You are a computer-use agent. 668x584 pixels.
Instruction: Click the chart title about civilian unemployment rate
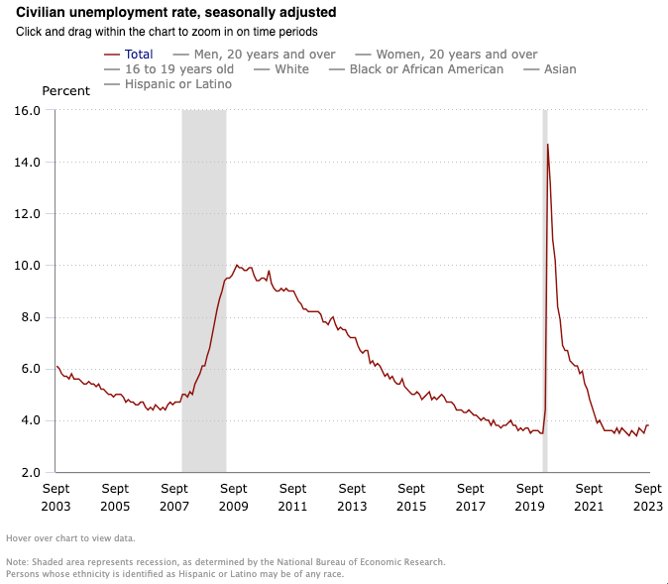(x=176, y=12)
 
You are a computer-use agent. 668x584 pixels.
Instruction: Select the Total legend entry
(x=128, y=55)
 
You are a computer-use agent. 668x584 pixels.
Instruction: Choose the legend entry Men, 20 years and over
(x=255, y=55)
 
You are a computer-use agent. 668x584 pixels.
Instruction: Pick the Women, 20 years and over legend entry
(x=446, y=55)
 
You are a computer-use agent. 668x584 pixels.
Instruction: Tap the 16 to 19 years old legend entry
(x=168, y=69)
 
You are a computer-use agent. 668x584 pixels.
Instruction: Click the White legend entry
(x=281, y=69)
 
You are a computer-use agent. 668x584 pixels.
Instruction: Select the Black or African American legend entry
(x=416, y=69)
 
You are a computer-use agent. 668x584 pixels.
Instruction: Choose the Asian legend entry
(x=550, y=69)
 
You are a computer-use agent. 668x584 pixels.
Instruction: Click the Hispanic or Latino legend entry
(x=167, y=84)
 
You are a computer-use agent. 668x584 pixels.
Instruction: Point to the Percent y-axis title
(x=66, y=91)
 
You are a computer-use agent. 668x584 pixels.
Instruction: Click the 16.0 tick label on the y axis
(x=28, y=110)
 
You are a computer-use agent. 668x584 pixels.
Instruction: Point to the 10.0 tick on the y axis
(x=28, y=266)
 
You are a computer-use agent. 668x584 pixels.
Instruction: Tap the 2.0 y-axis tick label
(x=31, y=472)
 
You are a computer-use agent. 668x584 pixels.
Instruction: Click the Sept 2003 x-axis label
(x=56, y=497)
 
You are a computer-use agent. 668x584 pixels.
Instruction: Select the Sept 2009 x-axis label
(x=234, y=497)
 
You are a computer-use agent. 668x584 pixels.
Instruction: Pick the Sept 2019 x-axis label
(x=529, y=497)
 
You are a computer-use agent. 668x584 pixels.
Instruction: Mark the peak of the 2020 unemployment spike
(x=547, y=145)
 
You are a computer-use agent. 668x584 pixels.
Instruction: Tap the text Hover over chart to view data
(x=70, y=538)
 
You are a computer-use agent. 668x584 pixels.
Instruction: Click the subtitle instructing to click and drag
(x=167, y=32)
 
